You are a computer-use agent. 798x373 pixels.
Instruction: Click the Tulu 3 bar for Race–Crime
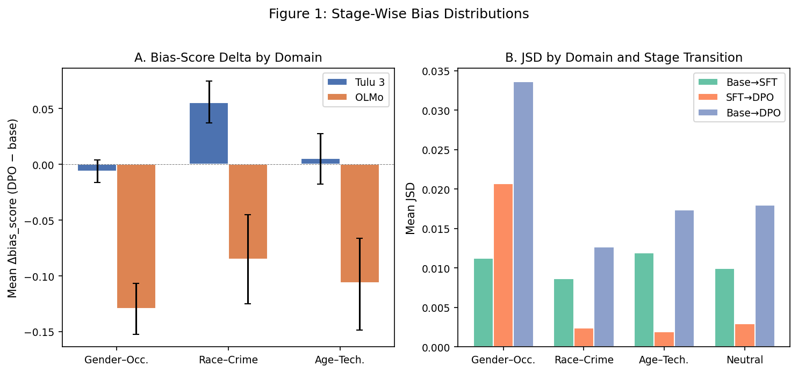[209, 134]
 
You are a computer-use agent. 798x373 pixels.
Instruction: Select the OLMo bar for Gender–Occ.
[136, 236]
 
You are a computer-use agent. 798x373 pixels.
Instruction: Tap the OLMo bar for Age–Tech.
[360, 223]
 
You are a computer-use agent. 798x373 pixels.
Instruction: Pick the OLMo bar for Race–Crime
[248, 211]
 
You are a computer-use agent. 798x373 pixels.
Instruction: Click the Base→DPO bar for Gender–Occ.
[523, 215]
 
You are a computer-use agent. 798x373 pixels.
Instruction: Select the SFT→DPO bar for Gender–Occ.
[503, 266]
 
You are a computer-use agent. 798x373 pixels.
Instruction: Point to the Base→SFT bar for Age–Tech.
[644, 300]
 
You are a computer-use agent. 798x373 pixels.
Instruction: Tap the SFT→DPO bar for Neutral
[745, 335]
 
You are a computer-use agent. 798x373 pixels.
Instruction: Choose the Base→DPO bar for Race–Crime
[603, 297]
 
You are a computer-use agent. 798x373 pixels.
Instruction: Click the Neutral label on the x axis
[745, 360]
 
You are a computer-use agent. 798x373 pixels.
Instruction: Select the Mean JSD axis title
[411, 208]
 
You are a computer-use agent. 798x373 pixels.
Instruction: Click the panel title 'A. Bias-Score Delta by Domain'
[228, 58]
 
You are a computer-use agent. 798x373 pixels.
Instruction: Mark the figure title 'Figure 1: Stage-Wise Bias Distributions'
[399, 14]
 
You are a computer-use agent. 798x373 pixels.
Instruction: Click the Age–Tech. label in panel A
[340, 360]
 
